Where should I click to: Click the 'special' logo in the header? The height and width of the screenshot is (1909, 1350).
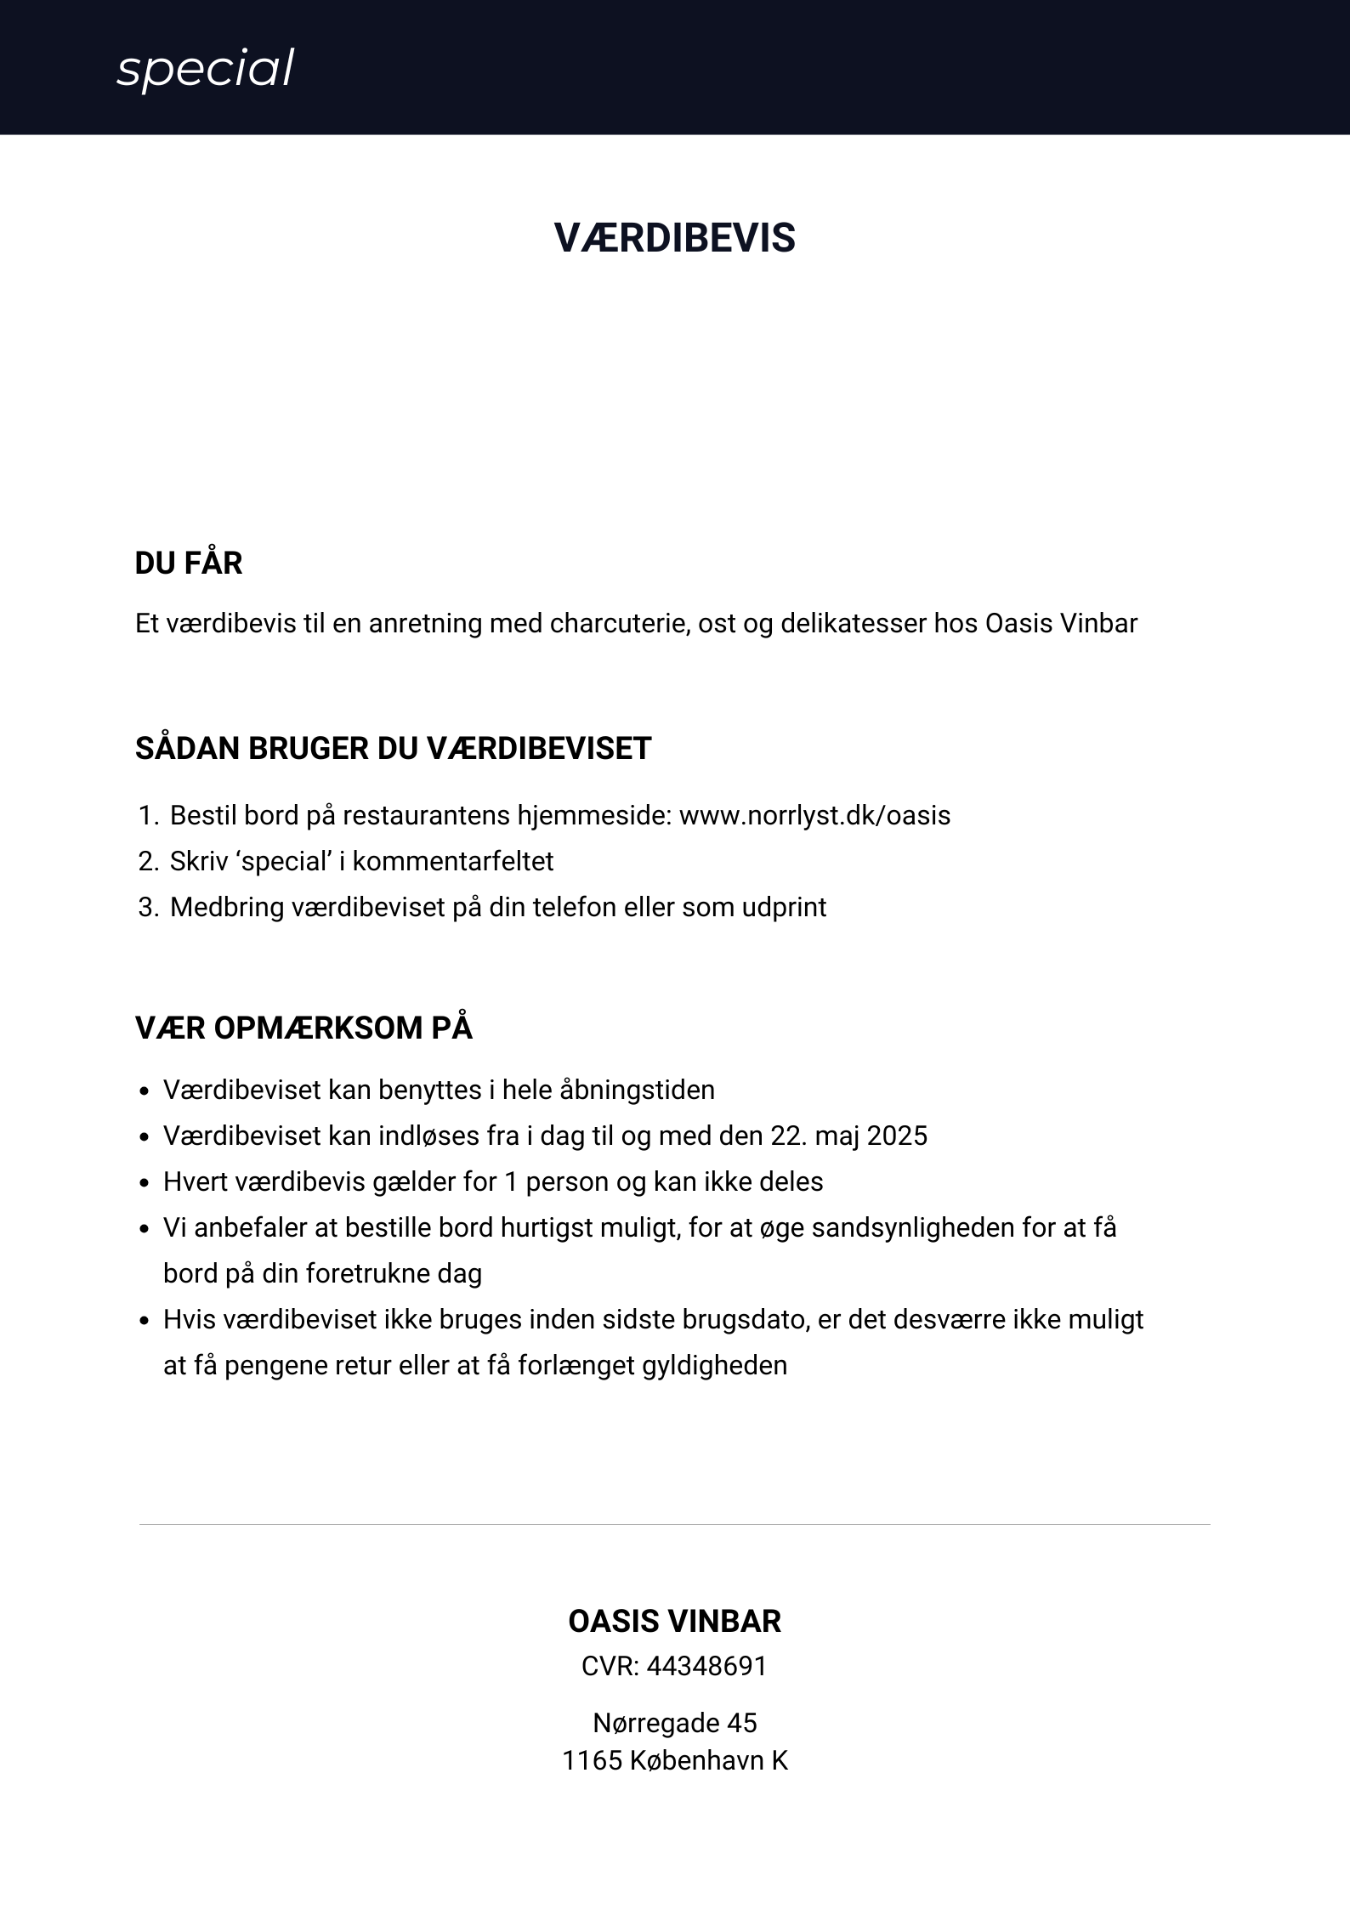click(x=205, y=69)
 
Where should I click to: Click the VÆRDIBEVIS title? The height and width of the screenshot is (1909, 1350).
click(x=674, y=238)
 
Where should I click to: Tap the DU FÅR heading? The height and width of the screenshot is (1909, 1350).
click(x=189, y=564)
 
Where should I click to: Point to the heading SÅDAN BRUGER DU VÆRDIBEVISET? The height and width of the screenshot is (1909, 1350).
click(x=393, y=749)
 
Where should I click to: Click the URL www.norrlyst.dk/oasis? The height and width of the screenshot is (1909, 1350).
click(x=814, y=816)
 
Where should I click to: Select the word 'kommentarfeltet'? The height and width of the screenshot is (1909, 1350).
click(x=453, y=862)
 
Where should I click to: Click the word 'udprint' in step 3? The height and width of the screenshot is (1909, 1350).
click(x=784, y=908)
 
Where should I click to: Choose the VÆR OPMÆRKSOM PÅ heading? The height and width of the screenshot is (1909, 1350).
click(x=303, y=1028)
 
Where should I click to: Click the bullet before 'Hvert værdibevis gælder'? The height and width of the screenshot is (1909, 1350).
click(x=145, y=1183)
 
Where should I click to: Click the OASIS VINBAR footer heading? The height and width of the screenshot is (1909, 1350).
click(x=674, y=1622)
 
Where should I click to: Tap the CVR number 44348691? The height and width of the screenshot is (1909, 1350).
click(x=706, y=1667)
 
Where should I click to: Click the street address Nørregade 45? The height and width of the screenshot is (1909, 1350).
click(x=674, y=1723)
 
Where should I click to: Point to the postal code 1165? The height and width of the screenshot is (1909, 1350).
click(x=592, y=1760)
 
